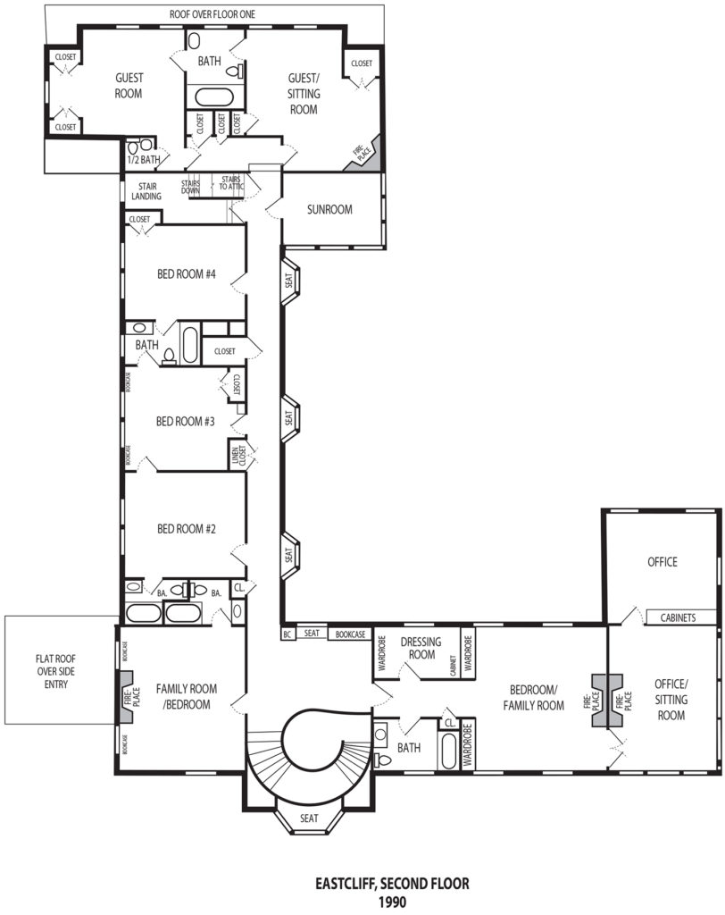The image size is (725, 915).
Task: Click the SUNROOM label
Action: coord(329,209)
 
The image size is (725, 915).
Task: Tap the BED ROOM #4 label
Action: coord(187,273)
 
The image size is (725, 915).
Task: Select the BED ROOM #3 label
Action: coord(186,422)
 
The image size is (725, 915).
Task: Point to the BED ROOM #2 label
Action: coord(187,529)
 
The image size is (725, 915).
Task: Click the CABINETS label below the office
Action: coord(678,617)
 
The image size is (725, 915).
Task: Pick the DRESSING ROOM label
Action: coord(421,649)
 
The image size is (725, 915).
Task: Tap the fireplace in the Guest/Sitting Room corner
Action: coord(364,154)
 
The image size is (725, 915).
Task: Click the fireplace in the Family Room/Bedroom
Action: coord(128,697)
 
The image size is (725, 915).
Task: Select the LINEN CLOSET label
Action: coord(238,456)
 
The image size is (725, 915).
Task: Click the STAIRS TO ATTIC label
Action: coord(231,182)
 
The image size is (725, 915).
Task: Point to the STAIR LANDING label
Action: coord(146,191)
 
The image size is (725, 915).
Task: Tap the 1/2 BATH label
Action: coord(144,159)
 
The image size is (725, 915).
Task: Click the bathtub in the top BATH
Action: coord(214,97)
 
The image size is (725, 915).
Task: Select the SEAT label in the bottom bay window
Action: coord(309,818)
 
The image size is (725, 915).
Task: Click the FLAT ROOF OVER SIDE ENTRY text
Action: coord(56,671)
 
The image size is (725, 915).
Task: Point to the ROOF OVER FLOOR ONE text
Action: coord(212,14)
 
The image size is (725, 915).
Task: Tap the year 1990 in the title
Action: coord(392,902)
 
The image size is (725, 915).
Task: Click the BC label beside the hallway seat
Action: coord(287,634)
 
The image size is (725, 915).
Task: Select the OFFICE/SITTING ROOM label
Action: coord(671,699)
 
